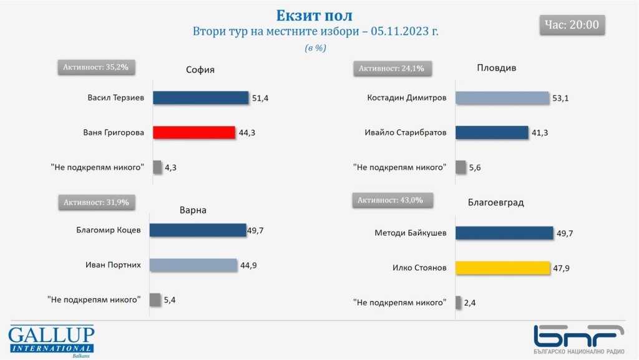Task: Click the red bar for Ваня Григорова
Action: coord(193,132)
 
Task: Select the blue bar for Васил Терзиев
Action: coord(200,98)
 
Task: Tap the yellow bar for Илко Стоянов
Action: coord(502,268)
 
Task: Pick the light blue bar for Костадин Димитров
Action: coord(502,98)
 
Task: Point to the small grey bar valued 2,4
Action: coord(458,303)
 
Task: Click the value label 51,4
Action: coord(260,98)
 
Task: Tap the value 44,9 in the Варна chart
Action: coord(248,265)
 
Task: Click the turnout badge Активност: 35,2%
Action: coord(96,67)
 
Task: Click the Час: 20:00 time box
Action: coord(572,25)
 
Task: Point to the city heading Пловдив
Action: coord(496,68)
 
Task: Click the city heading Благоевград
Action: coord(495,202)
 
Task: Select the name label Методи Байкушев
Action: coord(411,233)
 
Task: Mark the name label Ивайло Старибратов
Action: coord(405,132)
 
